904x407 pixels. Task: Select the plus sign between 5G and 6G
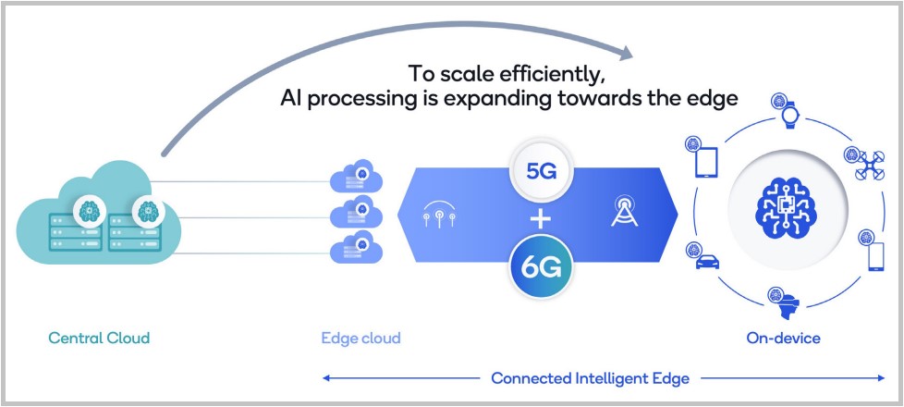541,219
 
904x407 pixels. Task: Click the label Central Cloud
98,338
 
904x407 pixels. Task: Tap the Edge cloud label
360,338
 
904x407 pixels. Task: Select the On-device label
783,338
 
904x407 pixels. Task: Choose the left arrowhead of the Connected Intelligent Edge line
326,377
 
